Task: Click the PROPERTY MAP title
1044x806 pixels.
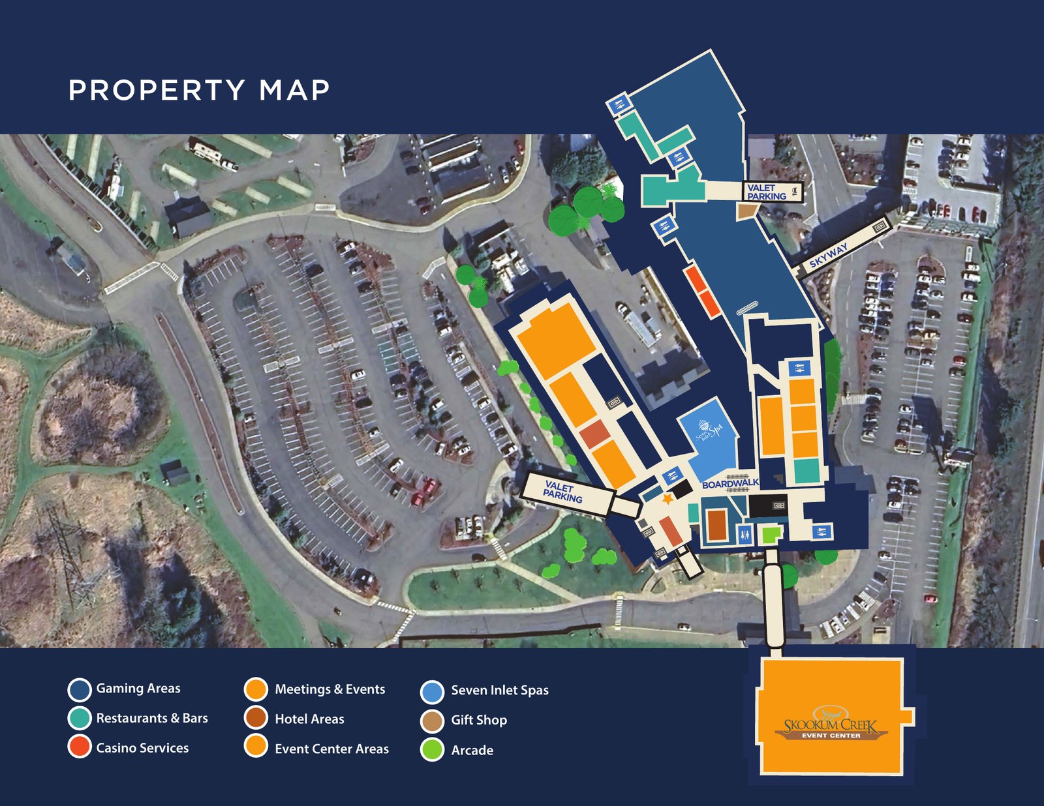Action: (199, 90)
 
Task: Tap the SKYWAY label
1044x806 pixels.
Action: (828, 256)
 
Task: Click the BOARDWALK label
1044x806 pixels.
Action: (730, 484)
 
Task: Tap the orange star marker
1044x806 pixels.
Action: (667, 498)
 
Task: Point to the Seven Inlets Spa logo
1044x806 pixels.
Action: (709, 431)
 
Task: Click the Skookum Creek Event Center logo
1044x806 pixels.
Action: (831, 724)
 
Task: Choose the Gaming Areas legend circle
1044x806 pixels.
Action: (80, 689)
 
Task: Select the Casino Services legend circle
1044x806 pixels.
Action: (80, 747)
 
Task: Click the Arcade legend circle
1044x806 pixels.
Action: (432, 750)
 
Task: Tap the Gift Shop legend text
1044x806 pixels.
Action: (479, 720)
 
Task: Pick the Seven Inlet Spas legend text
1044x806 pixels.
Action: (500, 690)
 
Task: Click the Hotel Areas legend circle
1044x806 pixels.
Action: (256, 718)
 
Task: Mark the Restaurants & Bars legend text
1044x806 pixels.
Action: (152, 718)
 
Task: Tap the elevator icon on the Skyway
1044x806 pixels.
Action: (879, 226)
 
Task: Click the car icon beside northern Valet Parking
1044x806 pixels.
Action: (794, 191)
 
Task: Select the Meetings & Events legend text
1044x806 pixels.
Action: (330, 689)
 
